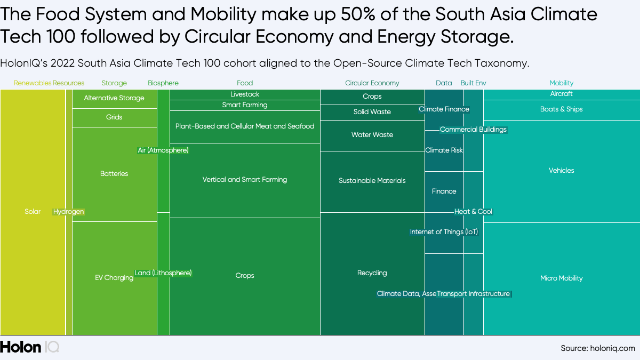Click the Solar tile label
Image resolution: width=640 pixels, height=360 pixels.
point(33,212)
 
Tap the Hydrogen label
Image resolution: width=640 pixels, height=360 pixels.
point(69,212)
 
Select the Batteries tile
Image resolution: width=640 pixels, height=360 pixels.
point(114,174)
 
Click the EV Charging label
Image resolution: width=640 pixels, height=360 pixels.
point(114,278)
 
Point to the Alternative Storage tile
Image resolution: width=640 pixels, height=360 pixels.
point(114,98)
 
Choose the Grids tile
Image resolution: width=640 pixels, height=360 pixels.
point(114,117)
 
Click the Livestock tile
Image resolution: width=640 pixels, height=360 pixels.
point(245,94)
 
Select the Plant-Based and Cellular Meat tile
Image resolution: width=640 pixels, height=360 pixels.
point(245,126)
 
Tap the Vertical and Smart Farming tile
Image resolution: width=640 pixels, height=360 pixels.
point(245,180)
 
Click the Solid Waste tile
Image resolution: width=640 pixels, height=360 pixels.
point(372,112)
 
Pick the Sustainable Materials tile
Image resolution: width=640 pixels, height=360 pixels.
point(372,181)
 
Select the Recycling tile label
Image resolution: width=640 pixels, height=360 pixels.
point(372,273)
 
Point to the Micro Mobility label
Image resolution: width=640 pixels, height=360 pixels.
point(562,278)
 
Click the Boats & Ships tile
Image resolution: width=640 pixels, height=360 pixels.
point(562,109)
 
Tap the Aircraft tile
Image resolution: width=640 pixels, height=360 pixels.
point(562,94)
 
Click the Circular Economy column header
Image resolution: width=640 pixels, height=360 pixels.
point(372,83)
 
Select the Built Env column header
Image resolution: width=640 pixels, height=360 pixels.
point(473,83)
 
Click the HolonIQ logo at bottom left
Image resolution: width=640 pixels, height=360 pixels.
point(29,347)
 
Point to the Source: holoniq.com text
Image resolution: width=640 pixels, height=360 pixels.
point(597,348)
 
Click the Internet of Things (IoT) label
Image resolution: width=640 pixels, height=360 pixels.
point(444,232)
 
